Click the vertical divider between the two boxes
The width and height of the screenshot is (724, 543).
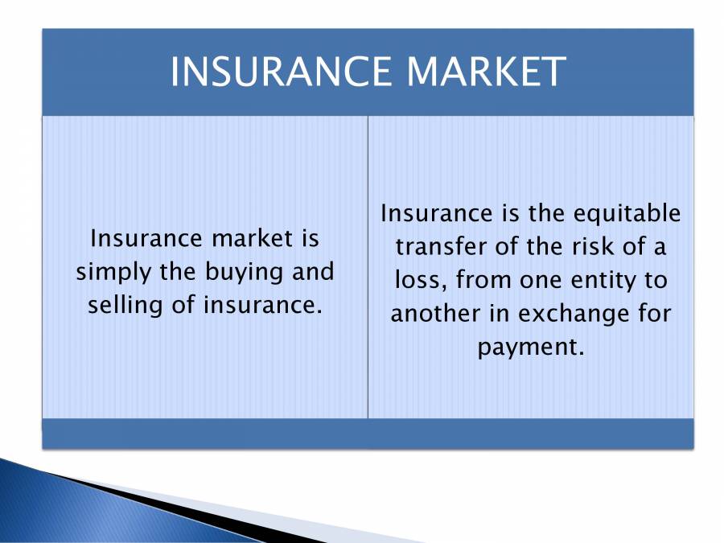pyautogui.click(x=368, y=265)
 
